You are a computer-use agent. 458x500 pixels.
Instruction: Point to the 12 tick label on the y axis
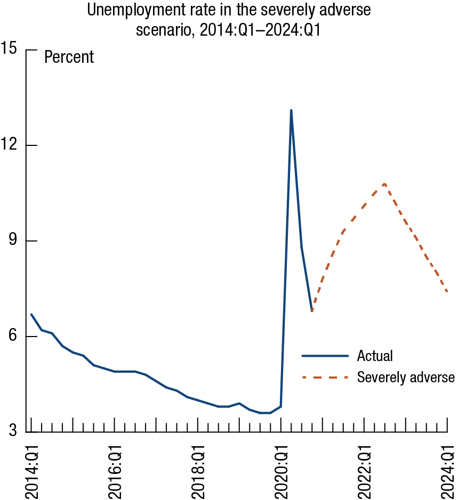tap(10, 145)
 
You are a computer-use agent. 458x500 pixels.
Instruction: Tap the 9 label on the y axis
tap(13, 241)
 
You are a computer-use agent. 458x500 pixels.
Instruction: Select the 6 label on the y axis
tap(13, 337)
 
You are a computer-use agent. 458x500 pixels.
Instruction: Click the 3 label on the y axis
tap(13, 431)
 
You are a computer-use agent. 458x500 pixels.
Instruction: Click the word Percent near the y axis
tap(69, 57)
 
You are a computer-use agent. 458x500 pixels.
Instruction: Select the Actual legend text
tap(375, 355)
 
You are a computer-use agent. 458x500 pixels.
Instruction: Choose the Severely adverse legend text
tap(406, 378)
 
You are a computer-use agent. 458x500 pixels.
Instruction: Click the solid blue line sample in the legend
tap(325, 355)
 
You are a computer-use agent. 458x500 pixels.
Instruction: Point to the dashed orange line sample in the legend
tap(325, 378)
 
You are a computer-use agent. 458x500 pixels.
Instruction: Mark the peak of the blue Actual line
tap(291, 110)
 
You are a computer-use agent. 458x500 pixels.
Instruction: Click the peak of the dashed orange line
tap(384, 184)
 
